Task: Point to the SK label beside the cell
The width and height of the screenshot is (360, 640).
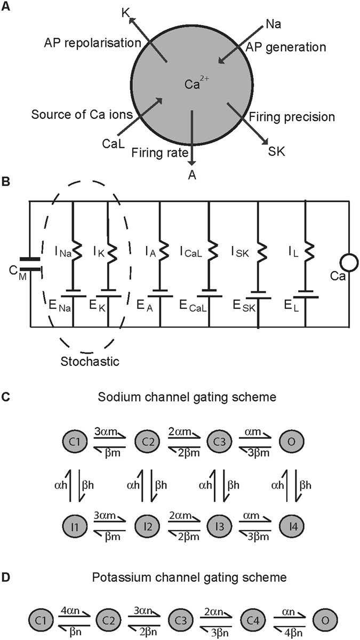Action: [x=276, y=151]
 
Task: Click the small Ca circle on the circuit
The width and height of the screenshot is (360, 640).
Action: [x=349, y=263]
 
